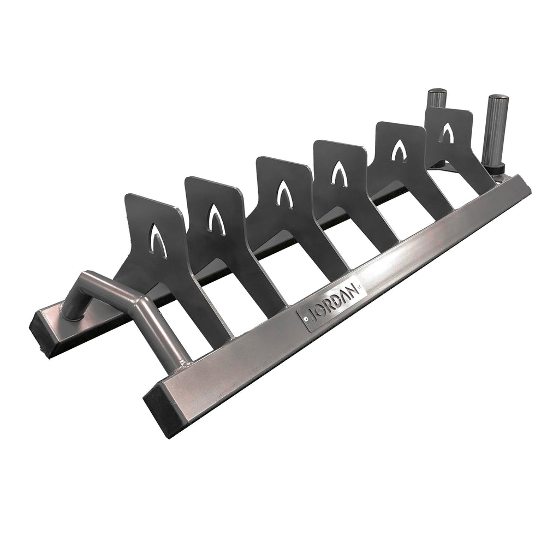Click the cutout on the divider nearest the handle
pyautogui.click(x=159, y=241)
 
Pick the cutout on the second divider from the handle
pyautogui.click(x=216, y=220)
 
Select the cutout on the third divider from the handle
pyautogui.click(x=284, y=194)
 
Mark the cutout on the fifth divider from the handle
pyautogui.click(x=399, y=150)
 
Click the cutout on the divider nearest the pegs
pyautogui.click(x=447, y=133)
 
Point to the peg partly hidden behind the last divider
pyautogui.click(x=436, y=98)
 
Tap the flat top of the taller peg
pyautogui.click(x=498, y=99)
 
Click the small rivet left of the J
pyautogui.click(x=307, y=316)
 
